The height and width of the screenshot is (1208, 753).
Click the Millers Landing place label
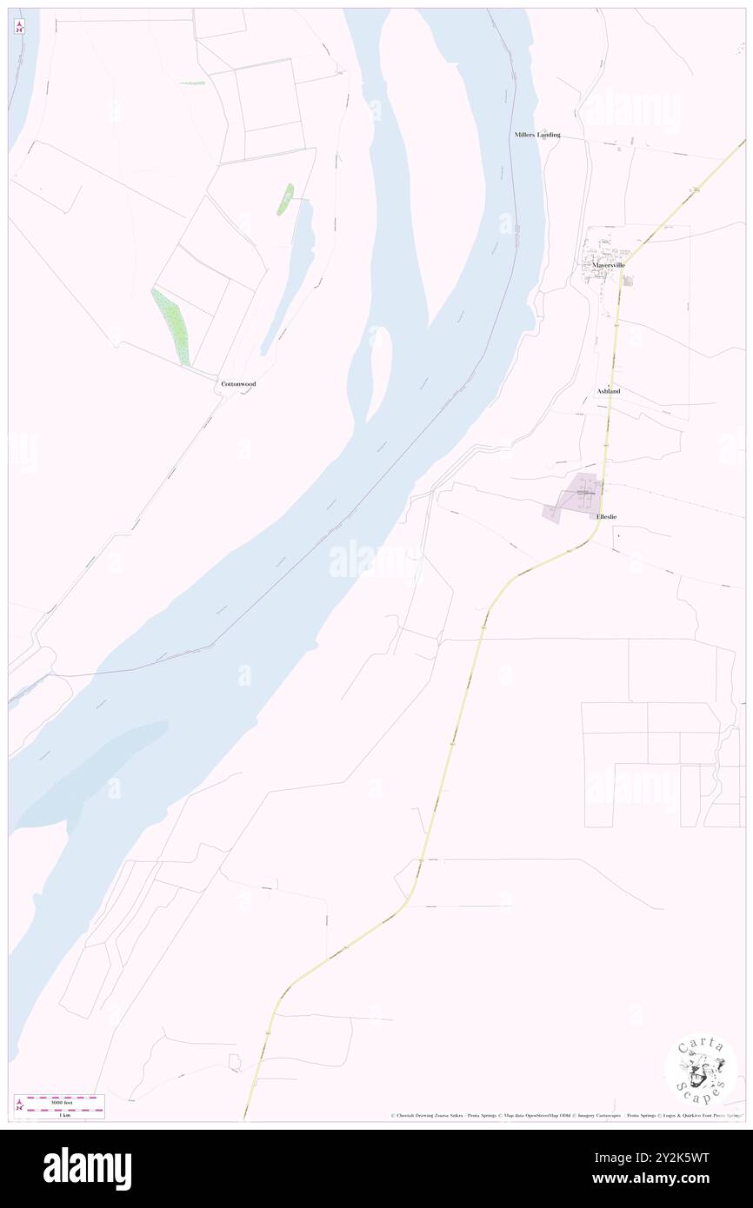(536, 135)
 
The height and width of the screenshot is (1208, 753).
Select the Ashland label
(609, 391)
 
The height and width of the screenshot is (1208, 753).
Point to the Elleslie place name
(608, 516)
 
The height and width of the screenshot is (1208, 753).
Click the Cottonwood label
(238, 383)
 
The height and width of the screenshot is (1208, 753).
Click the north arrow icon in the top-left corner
(19, 27)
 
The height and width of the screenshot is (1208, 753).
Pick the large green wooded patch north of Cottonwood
(172, 327)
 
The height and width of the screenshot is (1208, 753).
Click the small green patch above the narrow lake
(285, 199)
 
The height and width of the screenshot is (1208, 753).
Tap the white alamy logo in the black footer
(88, 1168)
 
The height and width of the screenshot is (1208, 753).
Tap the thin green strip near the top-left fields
(192, 83)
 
